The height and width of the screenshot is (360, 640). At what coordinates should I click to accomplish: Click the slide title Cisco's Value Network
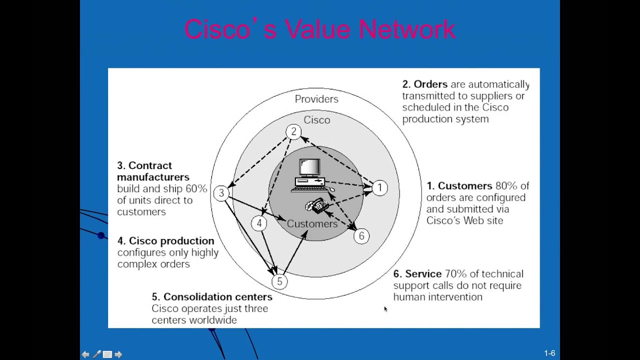[x=319, y=29]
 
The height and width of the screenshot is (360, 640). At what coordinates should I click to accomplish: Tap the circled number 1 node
[x=379, y=188]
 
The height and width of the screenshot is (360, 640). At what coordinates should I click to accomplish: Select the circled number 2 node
[x=293, y=131]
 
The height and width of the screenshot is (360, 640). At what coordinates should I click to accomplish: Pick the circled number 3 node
[x=221, y=193]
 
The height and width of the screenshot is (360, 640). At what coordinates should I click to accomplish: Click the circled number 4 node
[x=259, y=223]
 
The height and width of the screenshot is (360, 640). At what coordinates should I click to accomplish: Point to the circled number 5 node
[x=279, y=282]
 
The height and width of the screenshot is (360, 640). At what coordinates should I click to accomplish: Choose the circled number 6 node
[x=361, y=236]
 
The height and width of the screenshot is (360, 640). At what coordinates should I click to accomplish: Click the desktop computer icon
[x=310, y=175]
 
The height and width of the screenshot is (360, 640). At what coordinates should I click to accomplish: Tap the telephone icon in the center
[x=317, y=205]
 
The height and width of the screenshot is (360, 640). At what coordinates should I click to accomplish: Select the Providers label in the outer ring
[x=316, y=99]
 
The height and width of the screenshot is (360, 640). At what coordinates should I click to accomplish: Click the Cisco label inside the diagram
[x=316, y=120]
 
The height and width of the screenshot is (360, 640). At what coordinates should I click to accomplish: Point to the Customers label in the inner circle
[x=312, y=224]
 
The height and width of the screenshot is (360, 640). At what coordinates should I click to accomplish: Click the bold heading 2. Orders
[x=424, y=84]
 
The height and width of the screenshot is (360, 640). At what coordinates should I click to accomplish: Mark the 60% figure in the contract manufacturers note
[x=196, y=188]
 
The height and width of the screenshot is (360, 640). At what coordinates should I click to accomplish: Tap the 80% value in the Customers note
[x=506, y=186]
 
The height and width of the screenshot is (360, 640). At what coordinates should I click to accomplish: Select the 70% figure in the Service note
[x=455, y=274]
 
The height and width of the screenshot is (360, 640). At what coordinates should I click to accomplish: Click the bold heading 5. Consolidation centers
[x=212, y=297]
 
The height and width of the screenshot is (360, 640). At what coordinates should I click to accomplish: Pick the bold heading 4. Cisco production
[x=165, y=241]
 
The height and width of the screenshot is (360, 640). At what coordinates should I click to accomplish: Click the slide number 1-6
[x=549, y=353]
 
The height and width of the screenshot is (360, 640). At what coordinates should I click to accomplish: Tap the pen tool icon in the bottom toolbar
[x=96, y=354]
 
